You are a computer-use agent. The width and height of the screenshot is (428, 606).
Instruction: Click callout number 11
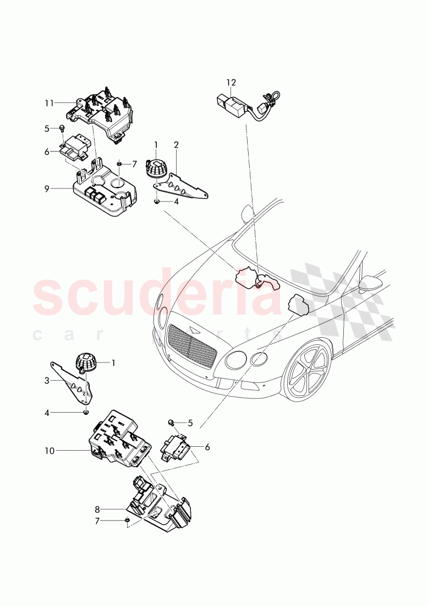[49, 103]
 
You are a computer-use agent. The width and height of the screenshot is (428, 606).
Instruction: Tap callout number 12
[231, 83]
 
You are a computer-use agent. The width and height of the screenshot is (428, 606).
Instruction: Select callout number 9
[48, 189]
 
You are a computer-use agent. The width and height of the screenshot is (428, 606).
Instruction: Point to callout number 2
[176, 145]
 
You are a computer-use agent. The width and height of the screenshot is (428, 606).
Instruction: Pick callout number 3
[47, 380]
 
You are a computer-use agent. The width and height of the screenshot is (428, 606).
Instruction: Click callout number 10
[49, 451]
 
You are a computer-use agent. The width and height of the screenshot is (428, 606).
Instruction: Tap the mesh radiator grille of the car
[189, 347]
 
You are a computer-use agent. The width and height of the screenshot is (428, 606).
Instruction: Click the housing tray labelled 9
[105, 193]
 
